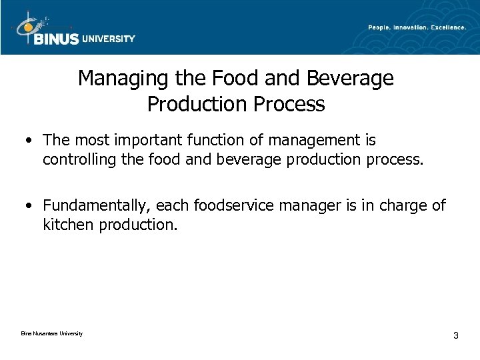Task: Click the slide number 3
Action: [x=455, y=335]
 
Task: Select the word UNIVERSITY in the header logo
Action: [x=108, y=39]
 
